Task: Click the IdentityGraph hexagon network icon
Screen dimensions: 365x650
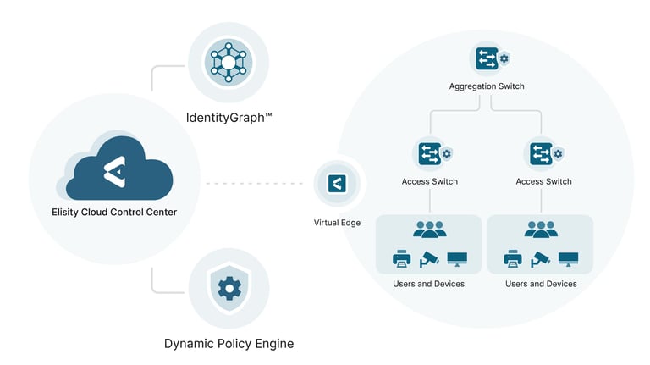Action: pyautogui.click(x=228, y=63)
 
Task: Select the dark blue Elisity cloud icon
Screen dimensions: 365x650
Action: pyautogui.click(x=118, y=171)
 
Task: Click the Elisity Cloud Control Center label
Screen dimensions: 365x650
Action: pyautogui.click(x=114, y=212)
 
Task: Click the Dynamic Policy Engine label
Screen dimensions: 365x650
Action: pyautogui.click(x=229, y=344)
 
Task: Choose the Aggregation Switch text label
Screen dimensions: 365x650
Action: pyautogui.click(x=487, y=87)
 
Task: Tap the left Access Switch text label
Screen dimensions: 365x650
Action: pyautogui.click(x=430, y=181)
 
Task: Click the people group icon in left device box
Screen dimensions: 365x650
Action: pyautogui.click(x=429, y=229)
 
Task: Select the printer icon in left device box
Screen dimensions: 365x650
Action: pyautogui.click(x=402, y=258)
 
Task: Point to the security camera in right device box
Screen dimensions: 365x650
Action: pyautogui.click(x=541, y=258)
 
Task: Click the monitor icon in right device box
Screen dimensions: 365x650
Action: pyautogui.click(x=568, y=258)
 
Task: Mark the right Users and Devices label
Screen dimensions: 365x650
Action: pyautogui.click(x=541, y=284)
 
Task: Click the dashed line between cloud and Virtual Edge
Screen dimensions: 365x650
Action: pyautogui.click(x=255, y=183)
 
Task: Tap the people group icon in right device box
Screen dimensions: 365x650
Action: pyautogui.click(x=541, y=229)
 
